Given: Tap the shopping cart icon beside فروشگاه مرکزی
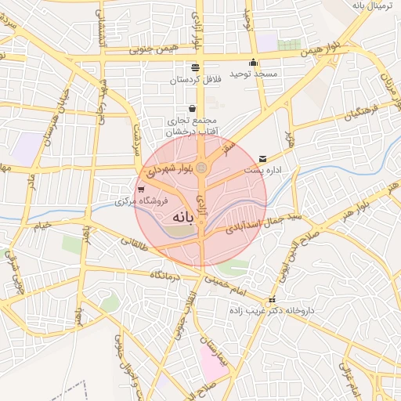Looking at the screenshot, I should click(140, 190).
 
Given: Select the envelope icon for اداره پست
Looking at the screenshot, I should click(262, 158).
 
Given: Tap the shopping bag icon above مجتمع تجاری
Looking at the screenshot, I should click(193, 108).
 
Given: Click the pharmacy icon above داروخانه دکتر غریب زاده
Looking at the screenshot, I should click(272, 301).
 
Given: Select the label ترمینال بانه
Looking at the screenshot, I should click(370, 6).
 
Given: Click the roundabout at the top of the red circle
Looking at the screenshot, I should click(201, 168).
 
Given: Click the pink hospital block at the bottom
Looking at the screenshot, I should click(211, 360).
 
